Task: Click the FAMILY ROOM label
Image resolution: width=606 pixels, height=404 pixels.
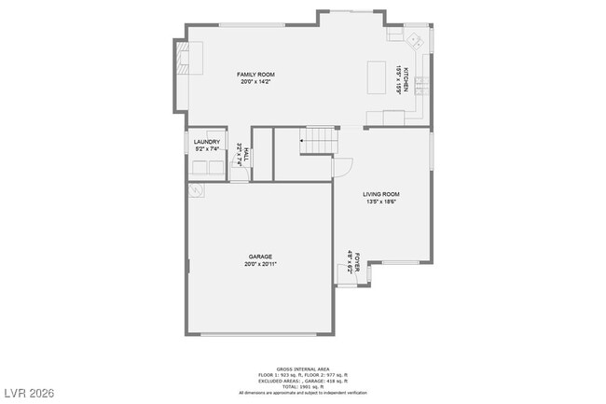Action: click(255, 74)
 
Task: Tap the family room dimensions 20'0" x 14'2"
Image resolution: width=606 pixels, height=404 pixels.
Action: click(255, 81)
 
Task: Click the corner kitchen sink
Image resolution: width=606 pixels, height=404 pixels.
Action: click(413, 40)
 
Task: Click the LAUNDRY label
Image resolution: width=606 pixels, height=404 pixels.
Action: click(207, 141)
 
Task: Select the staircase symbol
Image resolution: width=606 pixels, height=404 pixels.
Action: click(316, 143)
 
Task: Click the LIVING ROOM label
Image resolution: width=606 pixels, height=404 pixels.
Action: click(382, 194)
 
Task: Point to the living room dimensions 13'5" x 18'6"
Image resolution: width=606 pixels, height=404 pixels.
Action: click(382, 202)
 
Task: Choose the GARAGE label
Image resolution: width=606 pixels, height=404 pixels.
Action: click(260, 257)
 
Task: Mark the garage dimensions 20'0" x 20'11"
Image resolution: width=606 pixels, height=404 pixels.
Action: click(260, 264)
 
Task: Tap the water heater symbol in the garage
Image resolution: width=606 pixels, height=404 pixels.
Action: click(196, 190)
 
